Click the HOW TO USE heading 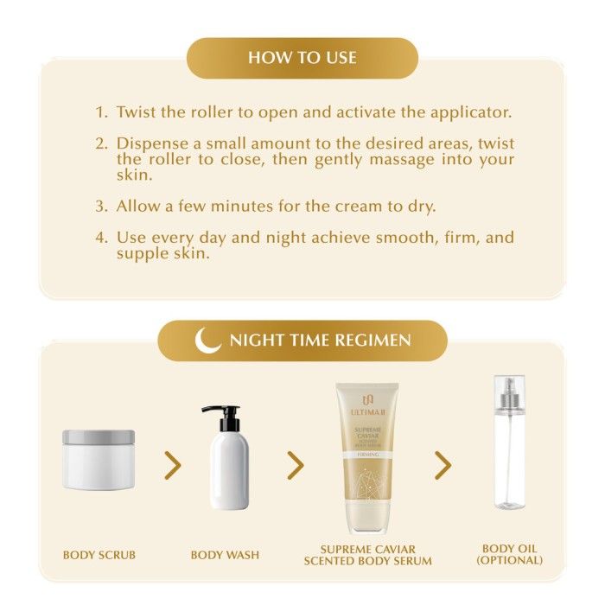point(302,58)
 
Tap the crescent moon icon point(206,341)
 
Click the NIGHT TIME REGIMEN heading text point(321,341)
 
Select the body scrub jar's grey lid point(99,437)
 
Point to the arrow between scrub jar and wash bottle point(173,465)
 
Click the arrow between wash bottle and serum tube point(296,465)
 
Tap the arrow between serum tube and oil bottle point(443,465)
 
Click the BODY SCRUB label point(99,555)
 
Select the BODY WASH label point(225,555)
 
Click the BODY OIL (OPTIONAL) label point(509,554)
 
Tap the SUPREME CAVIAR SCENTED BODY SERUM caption point(367,555)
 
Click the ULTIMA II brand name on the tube point(367,412)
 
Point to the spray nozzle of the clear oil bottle point(509,393)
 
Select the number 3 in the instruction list point(101,206)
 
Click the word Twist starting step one point(137,111)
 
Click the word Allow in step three point(138,206)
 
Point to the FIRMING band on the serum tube point(367,455)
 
